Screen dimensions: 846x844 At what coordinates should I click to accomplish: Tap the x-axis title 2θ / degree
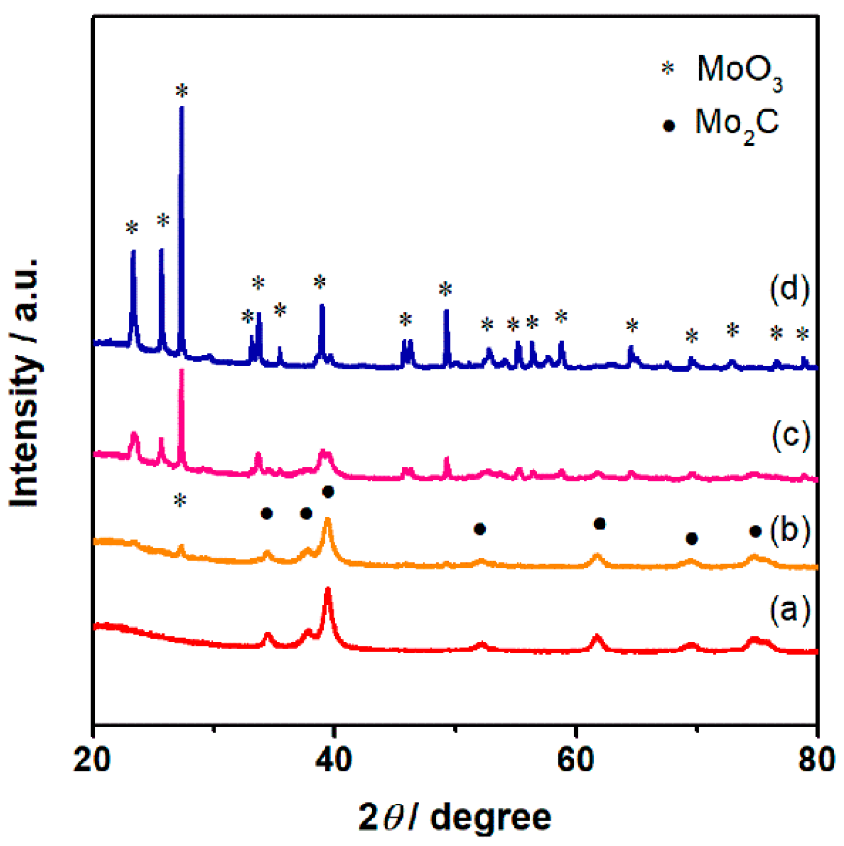point(455,817)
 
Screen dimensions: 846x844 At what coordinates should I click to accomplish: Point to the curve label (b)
point(789,530)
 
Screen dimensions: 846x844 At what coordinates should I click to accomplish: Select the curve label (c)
point(790,434)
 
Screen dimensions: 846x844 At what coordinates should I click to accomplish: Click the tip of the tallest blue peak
point(181,108)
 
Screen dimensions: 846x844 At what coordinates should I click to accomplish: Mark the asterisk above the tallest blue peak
point(181,92)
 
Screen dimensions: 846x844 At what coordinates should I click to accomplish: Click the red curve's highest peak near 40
point(328,590)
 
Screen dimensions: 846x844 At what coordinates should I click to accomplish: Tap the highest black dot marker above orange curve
point(328,491)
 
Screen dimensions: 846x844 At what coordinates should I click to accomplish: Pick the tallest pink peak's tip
point(181,371)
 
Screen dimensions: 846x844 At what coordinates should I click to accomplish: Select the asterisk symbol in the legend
point(667,68)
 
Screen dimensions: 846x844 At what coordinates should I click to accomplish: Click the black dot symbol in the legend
point(668,126)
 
